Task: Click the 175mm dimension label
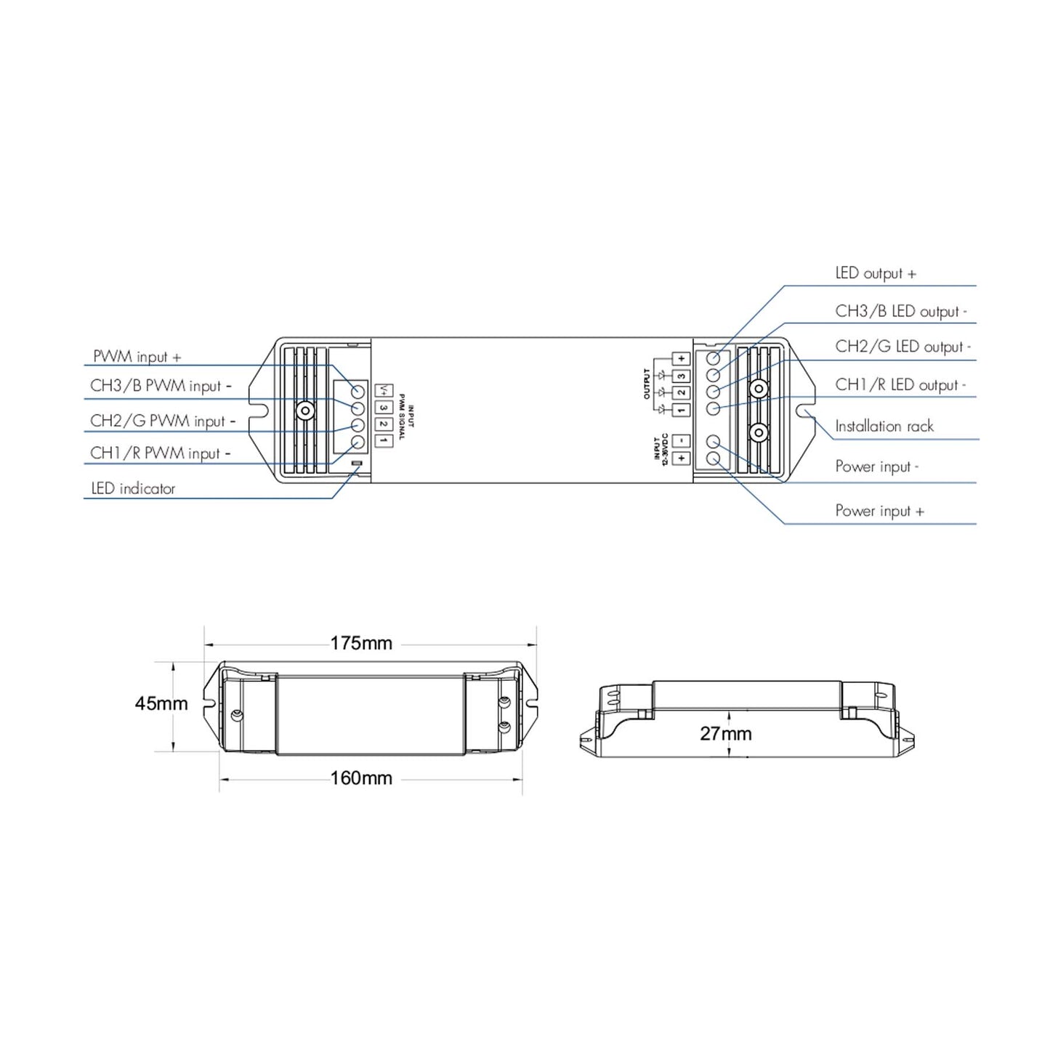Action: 361,644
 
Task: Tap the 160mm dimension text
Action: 361,778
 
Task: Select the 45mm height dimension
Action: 161,703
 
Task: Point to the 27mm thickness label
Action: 726,733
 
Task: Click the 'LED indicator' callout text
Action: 134,488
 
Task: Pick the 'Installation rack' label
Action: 884,426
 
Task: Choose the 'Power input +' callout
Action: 880,511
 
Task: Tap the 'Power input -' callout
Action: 877,467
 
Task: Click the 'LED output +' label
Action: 876,273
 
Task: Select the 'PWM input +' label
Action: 137,356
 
